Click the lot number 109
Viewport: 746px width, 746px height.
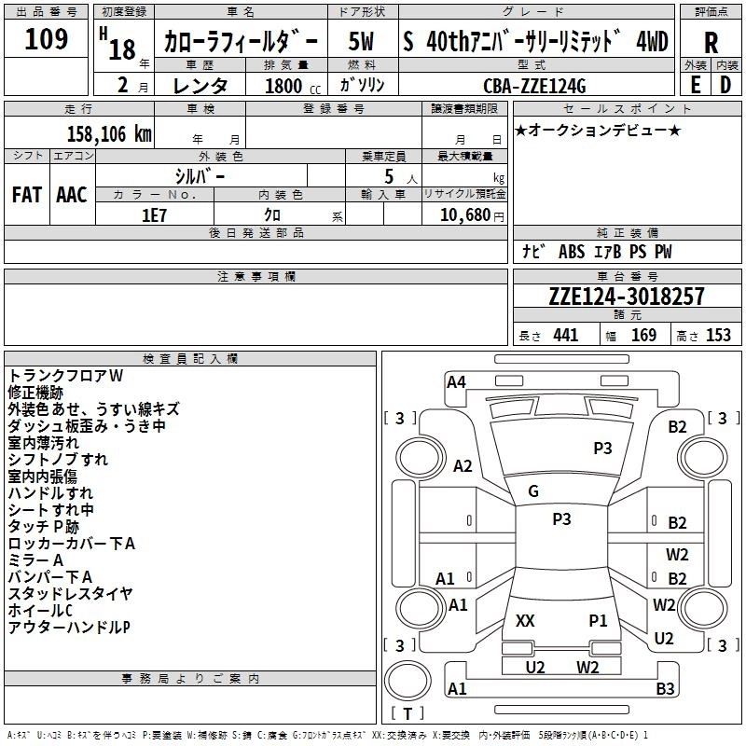click(x=47, y=39)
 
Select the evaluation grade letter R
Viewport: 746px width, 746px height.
click(x=711, y=44)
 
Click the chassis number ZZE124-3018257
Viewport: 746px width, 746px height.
click(x=627, y=297)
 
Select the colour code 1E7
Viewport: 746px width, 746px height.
click(x=154, y=214)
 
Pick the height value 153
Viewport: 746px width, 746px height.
click(x=718, y=336)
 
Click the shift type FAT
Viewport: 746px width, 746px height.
click(x=26, y=194)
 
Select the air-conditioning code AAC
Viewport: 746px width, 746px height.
click(x=72, y=194)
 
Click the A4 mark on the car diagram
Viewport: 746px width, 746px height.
click(x=456, y=381)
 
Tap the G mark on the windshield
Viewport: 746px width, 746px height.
click(x=533, y=491)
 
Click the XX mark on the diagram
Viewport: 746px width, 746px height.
click(x=525, y=620)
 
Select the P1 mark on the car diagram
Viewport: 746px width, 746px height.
click(x=598, y=620)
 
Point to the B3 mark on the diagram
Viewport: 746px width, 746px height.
click(x=665, y=689)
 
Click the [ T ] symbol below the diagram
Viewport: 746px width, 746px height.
click(x=407, y=714)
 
